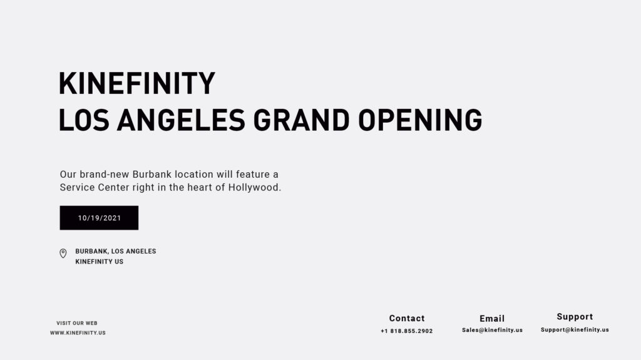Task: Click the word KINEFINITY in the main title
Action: (137, 84)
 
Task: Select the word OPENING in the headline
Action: (420, 120)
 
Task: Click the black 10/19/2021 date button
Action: (99, 218)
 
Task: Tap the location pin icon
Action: (63, 254)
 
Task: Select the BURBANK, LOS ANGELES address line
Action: (116, 251)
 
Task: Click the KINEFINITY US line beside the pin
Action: (100, 262)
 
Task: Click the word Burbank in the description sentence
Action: (152, 174)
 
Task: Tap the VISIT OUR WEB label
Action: (77, 323)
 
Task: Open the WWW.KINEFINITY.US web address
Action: (78, 333)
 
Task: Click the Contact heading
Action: (407, 318)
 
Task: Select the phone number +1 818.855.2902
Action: (407, 331)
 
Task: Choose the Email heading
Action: (492, 319)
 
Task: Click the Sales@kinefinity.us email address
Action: (492, 330)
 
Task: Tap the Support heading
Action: (575, 317)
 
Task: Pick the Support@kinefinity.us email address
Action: (575, 329)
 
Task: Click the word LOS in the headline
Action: (84, 120)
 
